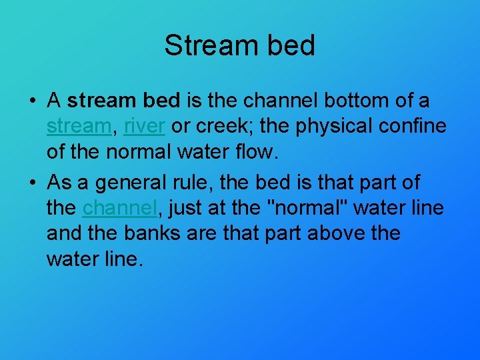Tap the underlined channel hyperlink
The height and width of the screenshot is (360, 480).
pos(119,208)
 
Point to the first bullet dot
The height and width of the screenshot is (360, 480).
pos(31,102)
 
